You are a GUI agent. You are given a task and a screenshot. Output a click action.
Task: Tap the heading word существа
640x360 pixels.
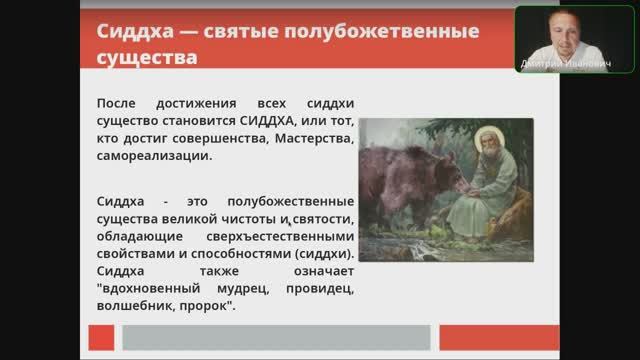(x=147, y=56)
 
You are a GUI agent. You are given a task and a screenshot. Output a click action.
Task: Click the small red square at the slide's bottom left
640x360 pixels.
(x=101, y=336)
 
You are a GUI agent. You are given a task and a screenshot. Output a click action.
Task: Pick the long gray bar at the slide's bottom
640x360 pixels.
(x=275, y=336)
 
